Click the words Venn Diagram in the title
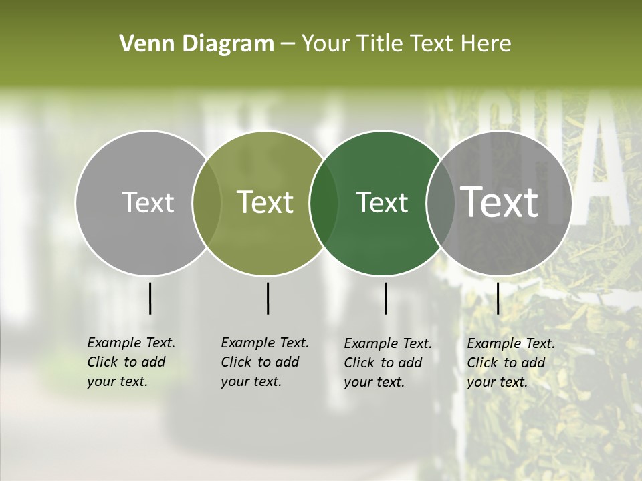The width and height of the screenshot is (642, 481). (197, 44)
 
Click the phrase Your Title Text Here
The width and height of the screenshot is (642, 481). (406, 44)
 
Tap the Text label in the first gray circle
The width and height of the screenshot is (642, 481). (148, 202)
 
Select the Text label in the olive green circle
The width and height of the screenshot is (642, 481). (265, 202)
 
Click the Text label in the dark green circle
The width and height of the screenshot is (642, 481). (382, 202)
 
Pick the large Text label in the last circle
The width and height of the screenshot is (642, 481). (500, 202)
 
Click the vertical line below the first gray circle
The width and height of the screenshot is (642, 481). (150, 298)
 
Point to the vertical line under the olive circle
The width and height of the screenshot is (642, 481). (267, 298)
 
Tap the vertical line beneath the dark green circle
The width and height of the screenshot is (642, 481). (386, 298)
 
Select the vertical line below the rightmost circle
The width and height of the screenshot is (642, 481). (498, 298)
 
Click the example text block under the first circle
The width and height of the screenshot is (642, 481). (131, 362)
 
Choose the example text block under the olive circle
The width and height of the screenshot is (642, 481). (265, 362)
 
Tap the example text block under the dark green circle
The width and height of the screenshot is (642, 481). (388, 363)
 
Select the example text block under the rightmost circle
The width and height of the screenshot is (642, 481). (511, 363)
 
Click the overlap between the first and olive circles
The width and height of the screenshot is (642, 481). (207, 203)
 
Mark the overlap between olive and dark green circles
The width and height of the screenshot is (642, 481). (324, 203)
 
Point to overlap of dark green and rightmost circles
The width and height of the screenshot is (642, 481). (441, 203)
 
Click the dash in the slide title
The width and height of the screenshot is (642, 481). (288, 44)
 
